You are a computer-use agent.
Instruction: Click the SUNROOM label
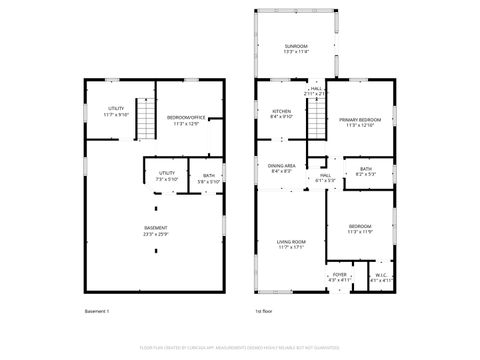[x=295, y=46]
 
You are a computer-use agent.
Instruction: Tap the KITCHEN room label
[x=282, y=111]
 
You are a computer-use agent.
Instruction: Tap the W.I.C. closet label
[x=382, y=275]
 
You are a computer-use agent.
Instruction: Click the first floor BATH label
[x=367, y=169]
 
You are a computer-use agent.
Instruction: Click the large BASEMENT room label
[x=155, y=228]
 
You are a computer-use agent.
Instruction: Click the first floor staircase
[x=316, y=124]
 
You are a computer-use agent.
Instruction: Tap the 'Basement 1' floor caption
[x=98, y=313]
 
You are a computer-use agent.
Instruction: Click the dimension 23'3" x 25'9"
[x=155, y=234]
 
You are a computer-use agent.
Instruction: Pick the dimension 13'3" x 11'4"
[x=295, y=52]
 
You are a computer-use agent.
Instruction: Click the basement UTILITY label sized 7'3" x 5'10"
[x=167, y=173]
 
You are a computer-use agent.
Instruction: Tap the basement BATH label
[x=208, y=176]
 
